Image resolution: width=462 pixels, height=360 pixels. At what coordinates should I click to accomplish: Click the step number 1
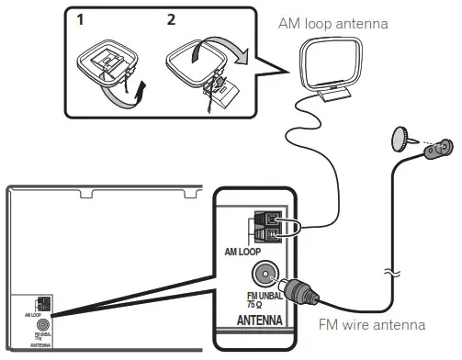[82, 18]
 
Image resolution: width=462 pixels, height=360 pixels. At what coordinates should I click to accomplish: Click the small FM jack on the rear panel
[42, 325]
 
